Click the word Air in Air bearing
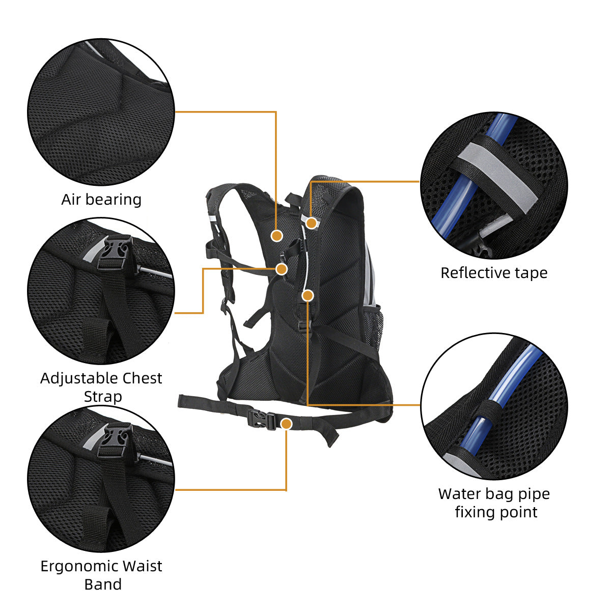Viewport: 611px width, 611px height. click(x=71, y=199)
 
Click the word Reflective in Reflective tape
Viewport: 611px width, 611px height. click(x=471, y=273)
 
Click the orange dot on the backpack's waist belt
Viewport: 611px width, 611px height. click(x=287, y=424)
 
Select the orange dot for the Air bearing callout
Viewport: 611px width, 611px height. click(x=276, y=235)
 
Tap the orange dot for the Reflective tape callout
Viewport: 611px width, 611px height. click(x=312, y=223)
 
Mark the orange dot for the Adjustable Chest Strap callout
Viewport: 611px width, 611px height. click(x=282, y=268)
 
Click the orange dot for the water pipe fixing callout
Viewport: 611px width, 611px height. click(x=308, y=295)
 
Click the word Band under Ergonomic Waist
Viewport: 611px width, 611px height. click(x=103, y=584)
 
